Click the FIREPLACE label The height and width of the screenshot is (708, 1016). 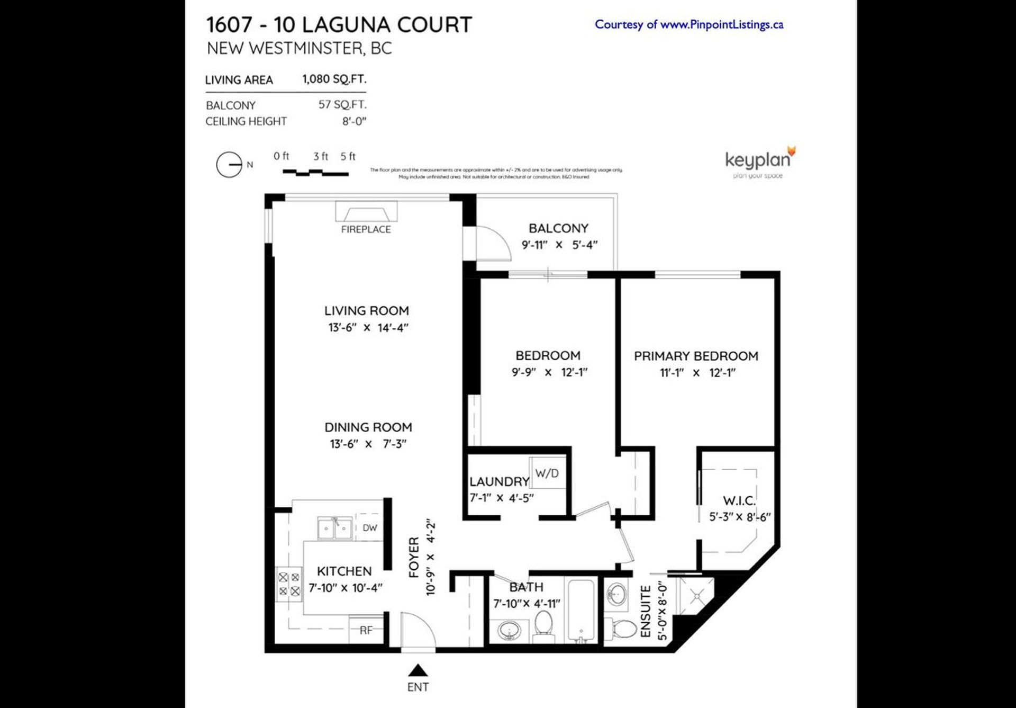pyautogui.click(x=366, y=229)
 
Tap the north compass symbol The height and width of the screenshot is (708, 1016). pyautogui.click(x=229, y=165)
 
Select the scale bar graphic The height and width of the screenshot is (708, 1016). pyautogui.click(x=315, y=172)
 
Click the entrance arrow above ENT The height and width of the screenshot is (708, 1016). pyautogui.click(x=418, y=671)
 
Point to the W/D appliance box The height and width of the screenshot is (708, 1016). pyautogui.click(x=547, y=473)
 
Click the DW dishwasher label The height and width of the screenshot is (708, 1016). pyautogui.click(x=370, y=527)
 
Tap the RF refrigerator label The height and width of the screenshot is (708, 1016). pyautogui.click(x=366, y=630)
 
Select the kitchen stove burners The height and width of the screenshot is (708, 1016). pyautogui.click(x=289, y=584)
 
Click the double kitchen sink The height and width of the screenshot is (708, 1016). pyautogui.click(x=334, y=528)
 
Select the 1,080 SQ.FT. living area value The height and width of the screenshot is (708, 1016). pyautogui.click(x=334, y=79)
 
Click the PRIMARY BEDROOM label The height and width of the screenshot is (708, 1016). pyautogui.click(x=696, y=356)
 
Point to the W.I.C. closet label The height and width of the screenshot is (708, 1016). pyautogui.click(x=739, y=500)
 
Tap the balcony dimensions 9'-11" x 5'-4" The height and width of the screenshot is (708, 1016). pyautogui.click(x=559, y=245)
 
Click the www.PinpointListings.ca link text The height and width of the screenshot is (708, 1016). pyautogui.click(x=722, y=24)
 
